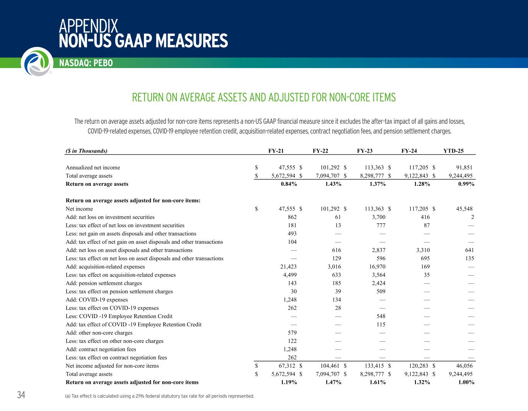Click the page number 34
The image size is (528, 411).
(21, 395)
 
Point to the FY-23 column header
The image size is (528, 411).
(365, 151)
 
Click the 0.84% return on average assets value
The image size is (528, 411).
(289, 184)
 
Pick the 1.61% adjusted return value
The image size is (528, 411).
(377, 382)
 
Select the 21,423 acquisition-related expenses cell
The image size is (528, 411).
(288, 267)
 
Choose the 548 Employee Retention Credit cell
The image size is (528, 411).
(380, 316)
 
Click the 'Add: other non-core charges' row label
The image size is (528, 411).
(99, 333)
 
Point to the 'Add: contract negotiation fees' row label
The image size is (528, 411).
(101, 349)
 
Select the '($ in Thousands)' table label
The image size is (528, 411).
(86, 151)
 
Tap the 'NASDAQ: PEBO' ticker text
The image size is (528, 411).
(86, 63)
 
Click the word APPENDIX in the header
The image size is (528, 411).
(89, 26)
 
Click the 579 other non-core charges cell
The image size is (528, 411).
(292, 333)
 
